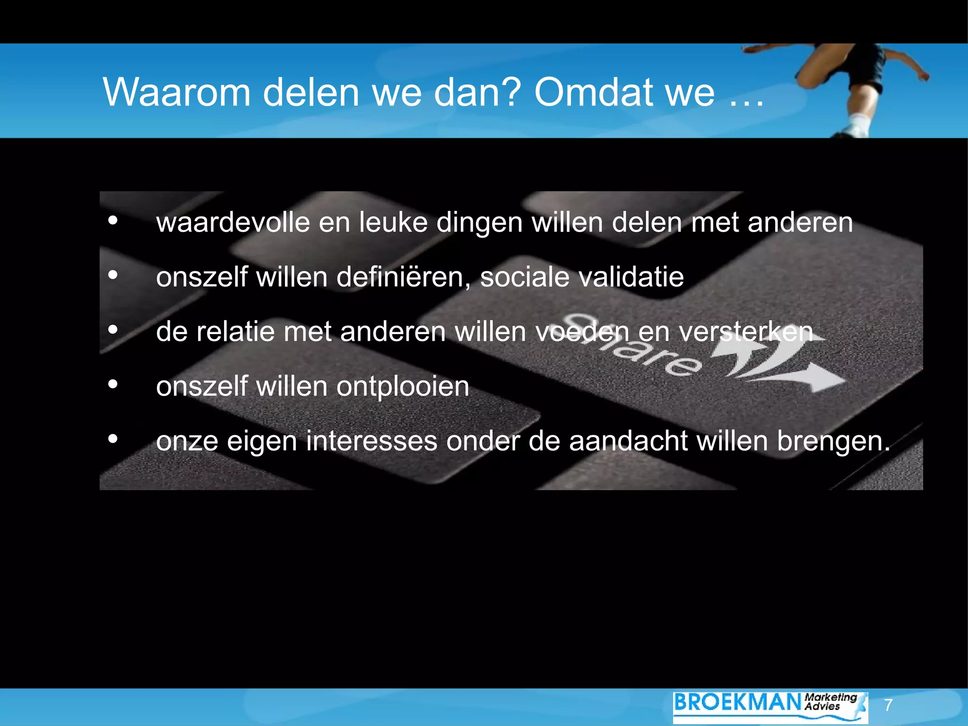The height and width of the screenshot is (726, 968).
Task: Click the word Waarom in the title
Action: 177,92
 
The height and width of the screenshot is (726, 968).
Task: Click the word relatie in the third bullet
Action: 235,331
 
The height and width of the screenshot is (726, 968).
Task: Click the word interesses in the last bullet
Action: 372,441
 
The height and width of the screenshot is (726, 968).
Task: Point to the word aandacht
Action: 628,441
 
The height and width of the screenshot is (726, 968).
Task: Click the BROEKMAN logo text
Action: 737,702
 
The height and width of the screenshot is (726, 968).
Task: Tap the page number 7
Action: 888,705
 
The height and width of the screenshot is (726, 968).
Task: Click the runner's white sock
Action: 858,125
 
